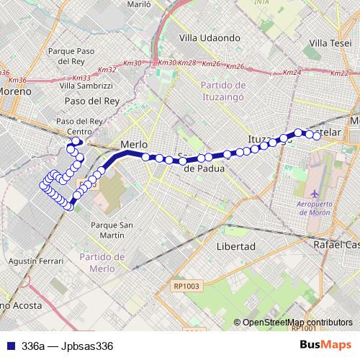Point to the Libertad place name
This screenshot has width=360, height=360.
coord(235,246)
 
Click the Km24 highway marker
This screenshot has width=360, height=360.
coord(292,73)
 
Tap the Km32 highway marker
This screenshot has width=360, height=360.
coord(107,70)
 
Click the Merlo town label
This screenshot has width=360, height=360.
coord(134,144)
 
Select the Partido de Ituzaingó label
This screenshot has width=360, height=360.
coord(220,90)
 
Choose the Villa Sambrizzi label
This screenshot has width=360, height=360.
coord(89,85)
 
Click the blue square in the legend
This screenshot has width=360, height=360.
coord(10,346)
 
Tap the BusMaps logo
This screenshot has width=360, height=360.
coord(327,346)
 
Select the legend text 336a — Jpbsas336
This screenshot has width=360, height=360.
coord(68,346)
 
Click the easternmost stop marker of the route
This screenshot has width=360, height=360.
coord(316,135)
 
